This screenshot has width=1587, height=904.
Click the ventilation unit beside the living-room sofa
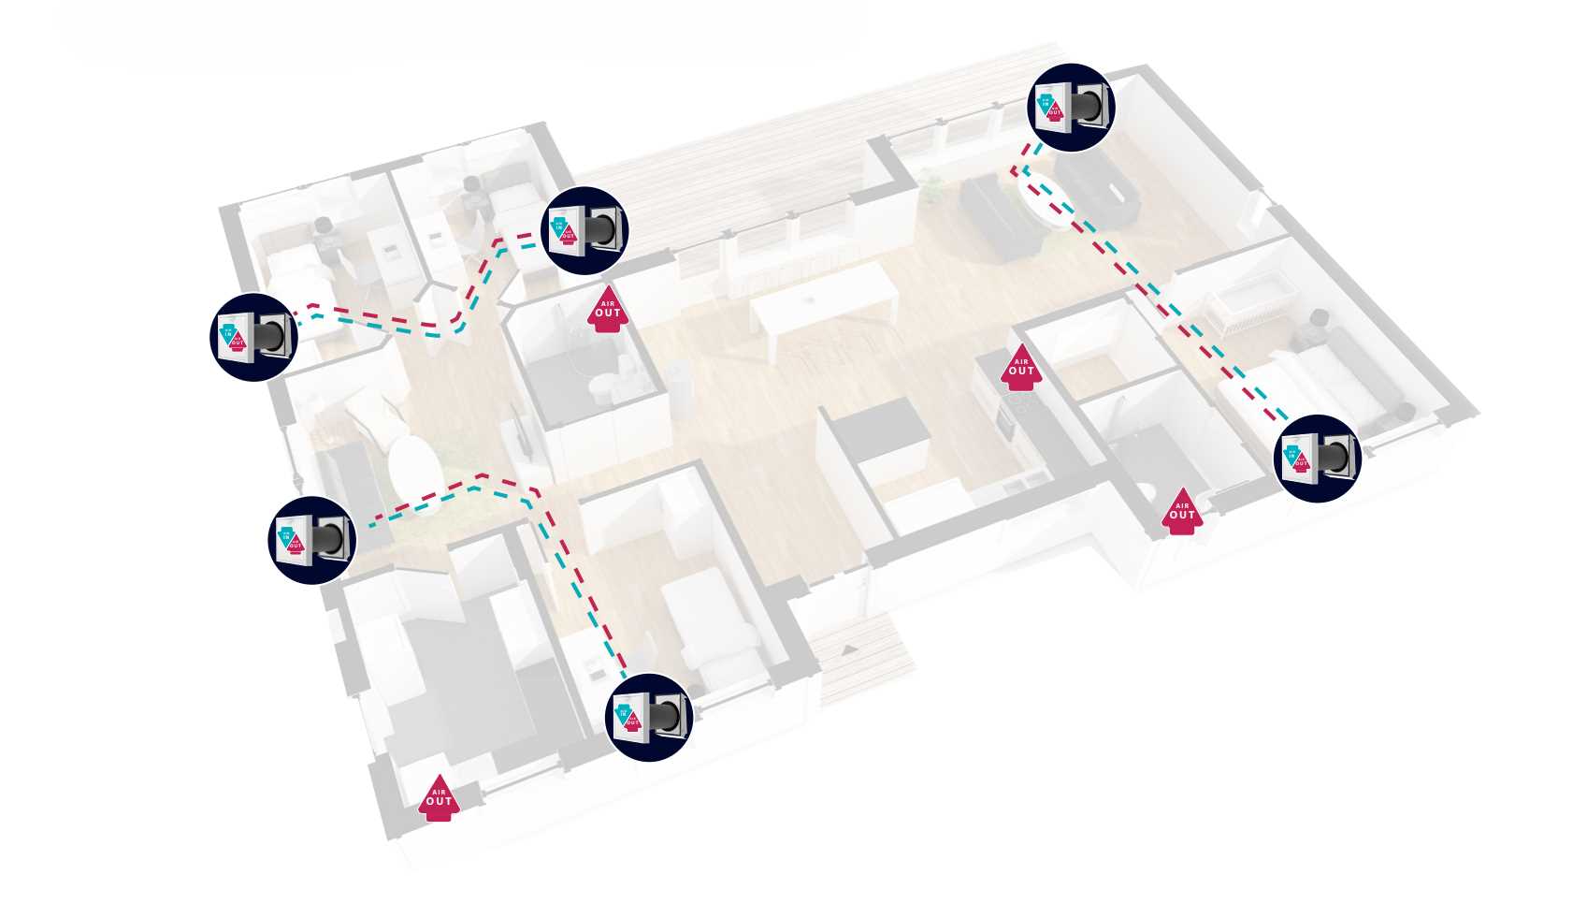tap(1072, 108)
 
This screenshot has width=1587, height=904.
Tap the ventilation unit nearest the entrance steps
tap(650, 717)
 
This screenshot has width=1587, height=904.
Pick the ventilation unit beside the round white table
tap(311, 540)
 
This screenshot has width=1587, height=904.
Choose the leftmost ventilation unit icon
tap(253, 337)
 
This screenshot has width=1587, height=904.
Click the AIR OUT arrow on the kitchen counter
tap(1020, 366)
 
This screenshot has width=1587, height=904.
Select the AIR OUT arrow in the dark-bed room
tap(439, 797)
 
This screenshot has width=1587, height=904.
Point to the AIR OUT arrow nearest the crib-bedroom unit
tap(1181, 511)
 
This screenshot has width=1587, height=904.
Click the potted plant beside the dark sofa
tap(931, 186)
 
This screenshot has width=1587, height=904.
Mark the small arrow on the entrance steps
tap(848, 649)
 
